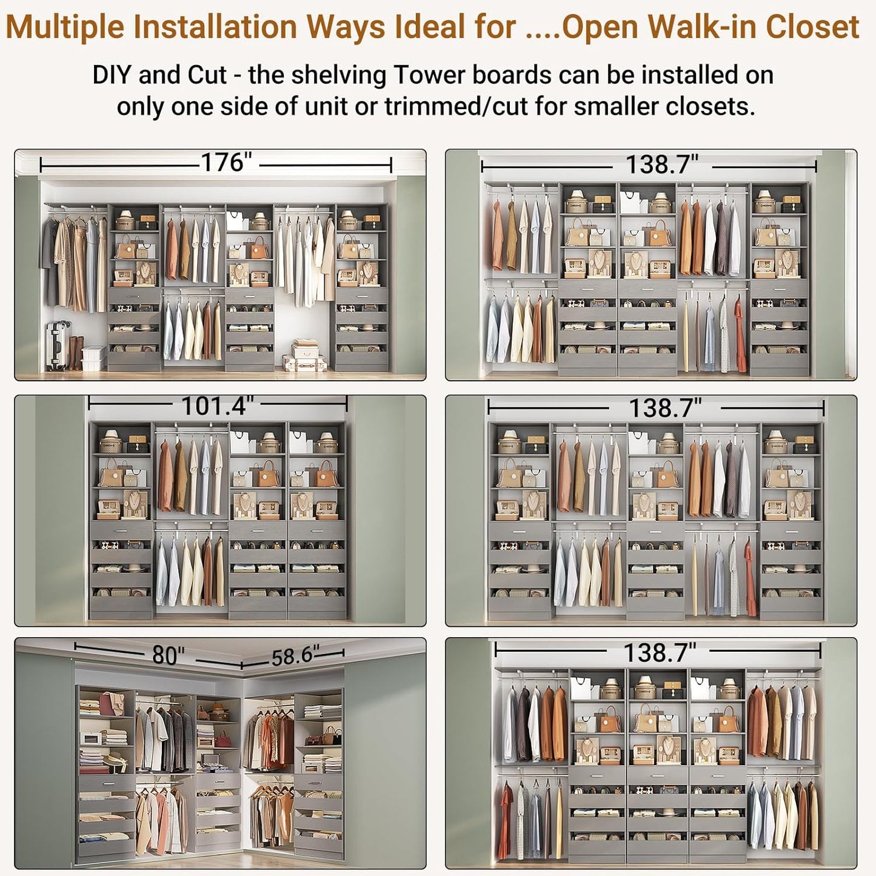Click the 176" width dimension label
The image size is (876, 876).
tap(226, 162)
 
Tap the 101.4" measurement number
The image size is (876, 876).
tap(217, 406)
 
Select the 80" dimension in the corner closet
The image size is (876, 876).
tap(168, 655)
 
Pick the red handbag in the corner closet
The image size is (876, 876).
tap(223, 739)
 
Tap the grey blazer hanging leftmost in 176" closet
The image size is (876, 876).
tap(50, 261)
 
